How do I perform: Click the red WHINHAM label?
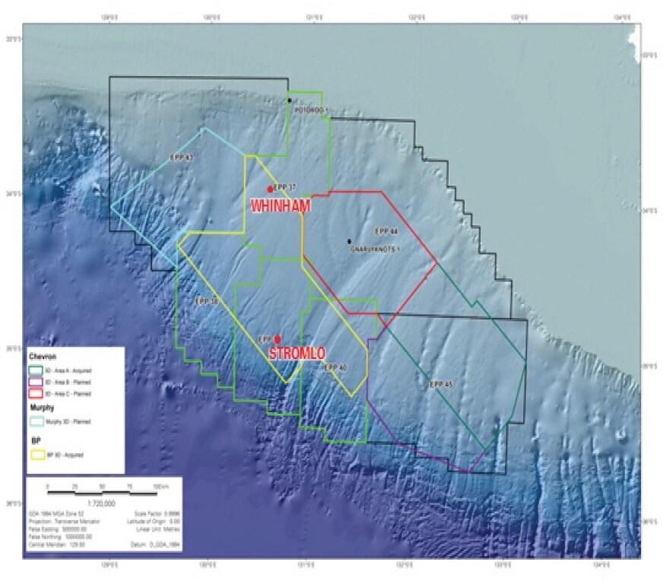point(278,205)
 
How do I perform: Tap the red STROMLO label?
point(297,353)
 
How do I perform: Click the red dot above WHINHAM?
point(270,189)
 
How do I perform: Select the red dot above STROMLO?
point(278,339)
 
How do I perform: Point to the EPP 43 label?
point(183,157)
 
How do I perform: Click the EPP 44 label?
point(386,230)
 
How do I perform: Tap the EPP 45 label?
point(441,384)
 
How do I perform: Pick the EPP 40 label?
point(335,367)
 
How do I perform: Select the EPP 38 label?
point(206,302)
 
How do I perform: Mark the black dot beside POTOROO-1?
point(290,100)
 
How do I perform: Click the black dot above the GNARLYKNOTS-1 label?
point(350,242)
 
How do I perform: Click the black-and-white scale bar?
point(100,493)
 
